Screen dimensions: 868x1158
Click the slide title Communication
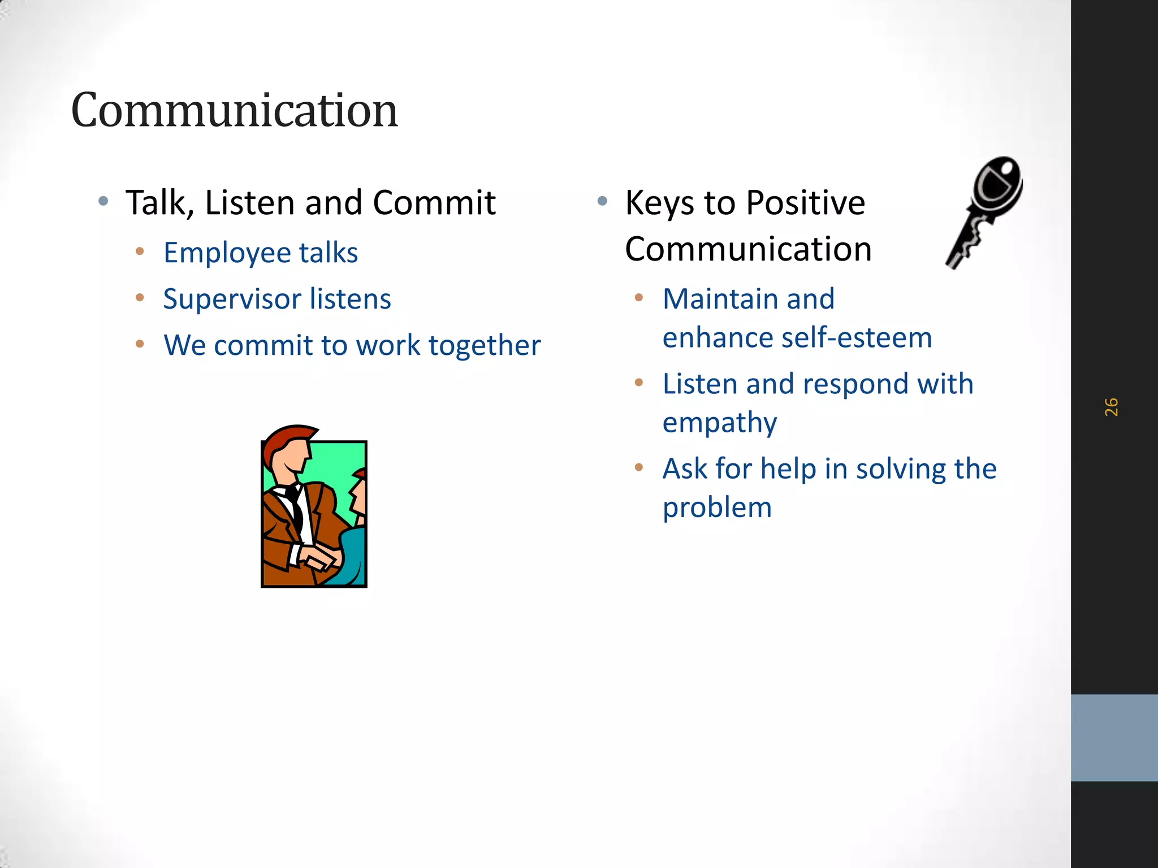pos(234,110)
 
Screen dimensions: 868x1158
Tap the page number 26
pos(1111,407)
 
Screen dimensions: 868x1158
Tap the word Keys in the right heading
pos(659,203)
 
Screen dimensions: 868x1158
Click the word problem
pos(717,507)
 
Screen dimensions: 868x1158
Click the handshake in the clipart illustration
pos(320,557)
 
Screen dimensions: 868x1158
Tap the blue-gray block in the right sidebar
pos(1114,737)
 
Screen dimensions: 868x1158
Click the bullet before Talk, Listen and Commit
pos(103,201)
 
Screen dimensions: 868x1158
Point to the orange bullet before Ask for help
pos(639,467)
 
